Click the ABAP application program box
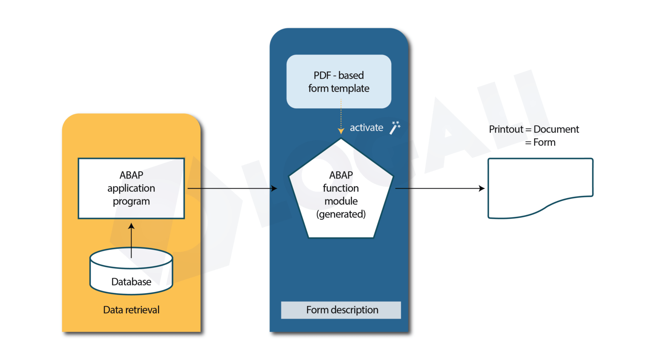tap(131, 188)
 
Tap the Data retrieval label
tap(131, 310)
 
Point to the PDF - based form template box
tap(338, 81)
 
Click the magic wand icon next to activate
tap(395, 127)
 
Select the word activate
tap(366, 127)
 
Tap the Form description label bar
tap(341, 310)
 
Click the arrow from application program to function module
tap(232, 188)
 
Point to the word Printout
tap(506, 129)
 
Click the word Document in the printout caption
tap(556, 129)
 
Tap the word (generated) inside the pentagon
tap(341, 214)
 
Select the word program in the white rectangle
tap(131, 201)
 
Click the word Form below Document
tap(544, 142)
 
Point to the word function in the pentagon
tap(341, 188)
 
